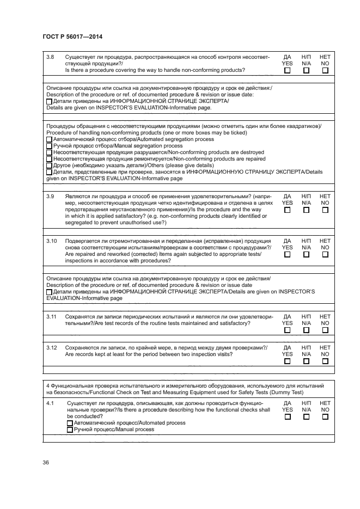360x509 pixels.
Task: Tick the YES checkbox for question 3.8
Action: pos(287,70)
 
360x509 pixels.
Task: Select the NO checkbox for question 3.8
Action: pos(325,70)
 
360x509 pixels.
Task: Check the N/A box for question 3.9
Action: pos(306,210)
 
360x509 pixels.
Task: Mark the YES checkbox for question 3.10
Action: pos(287,254)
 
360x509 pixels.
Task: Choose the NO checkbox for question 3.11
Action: pos(325,330)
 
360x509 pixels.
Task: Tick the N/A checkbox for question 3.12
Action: pos(306,361)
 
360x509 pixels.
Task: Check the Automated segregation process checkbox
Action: pos(50,140)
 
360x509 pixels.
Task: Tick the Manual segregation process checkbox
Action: pos(50,146)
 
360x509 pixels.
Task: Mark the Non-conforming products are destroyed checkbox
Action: pos(50,153)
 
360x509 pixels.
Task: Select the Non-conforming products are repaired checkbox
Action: pos(50,160)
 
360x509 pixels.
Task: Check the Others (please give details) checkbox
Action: pos(50,166)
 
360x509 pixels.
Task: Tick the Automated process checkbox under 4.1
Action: pos(70,423)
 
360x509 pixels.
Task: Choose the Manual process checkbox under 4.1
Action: pos(70,430)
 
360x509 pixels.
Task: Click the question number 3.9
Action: pos(51,195)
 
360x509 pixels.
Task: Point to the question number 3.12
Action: pos(52,347)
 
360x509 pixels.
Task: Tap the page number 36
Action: pos(46,463)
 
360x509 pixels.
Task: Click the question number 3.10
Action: pos(52,240)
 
